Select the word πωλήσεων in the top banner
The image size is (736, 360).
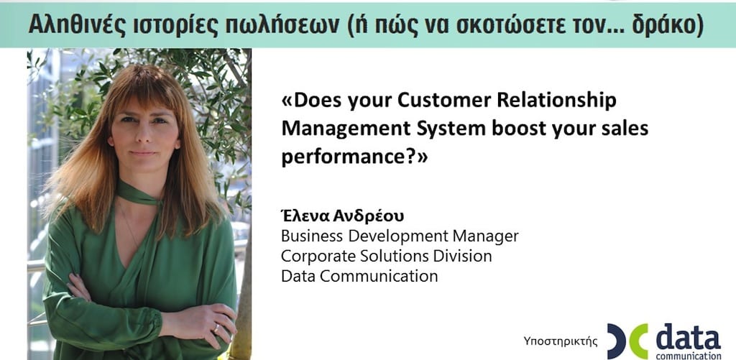(x=281, y=25)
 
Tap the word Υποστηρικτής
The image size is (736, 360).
(x=561, y=341)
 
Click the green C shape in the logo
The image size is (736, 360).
(x=639, y=341)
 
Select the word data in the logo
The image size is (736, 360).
(x=688, y=337)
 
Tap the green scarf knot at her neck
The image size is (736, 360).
(x=151, y=200)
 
